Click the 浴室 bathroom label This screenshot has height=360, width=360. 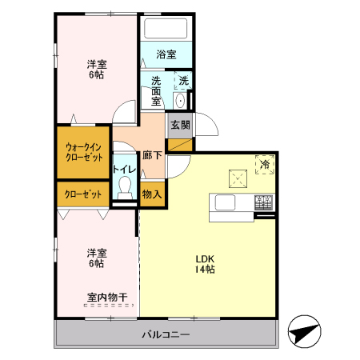[x=166, y=54]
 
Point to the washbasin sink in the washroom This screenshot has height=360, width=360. [x=180, y=100]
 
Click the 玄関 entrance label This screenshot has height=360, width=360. [x=179, y=125]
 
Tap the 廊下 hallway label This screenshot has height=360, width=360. [x=152, y=156]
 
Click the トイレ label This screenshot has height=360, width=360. [x=123, y=170]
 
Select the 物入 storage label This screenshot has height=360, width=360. [x=152, y=194]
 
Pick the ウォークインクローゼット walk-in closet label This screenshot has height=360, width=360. [x=82, y=152]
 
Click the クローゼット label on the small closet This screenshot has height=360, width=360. [x=82, y=194]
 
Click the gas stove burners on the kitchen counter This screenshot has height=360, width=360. [x=264, y=202]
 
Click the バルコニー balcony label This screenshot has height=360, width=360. [x=166, y=334]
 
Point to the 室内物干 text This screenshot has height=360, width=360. [x=107, y=298]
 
